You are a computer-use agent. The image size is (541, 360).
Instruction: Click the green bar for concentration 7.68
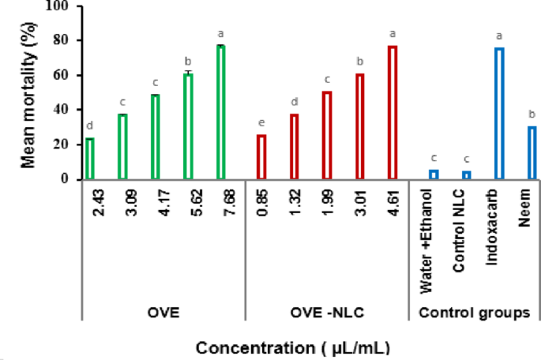pos(220,112)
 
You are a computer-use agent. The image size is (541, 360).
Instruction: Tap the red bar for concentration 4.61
pos(392,113)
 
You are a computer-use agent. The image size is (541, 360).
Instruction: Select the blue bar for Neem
pos(532,153)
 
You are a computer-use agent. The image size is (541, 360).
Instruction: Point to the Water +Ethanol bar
pos(433,174)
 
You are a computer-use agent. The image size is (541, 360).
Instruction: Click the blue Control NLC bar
pos(466,175)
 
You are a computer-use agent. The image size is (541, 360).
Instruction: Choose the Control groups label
pos(474,313)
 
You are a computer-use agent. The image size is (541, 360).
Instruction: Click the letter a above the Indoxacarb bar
pos(498,36)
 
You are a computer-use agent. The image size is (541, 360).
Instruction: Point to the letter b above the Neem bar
pos(531,114)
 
